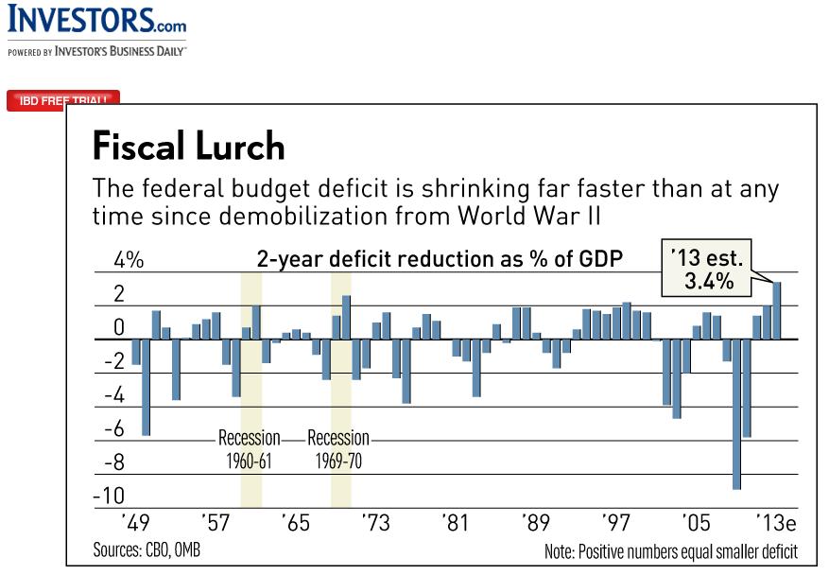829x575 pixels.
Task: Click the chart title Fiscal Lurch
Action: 188,147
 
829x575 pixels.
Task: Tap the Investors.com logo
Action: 96,21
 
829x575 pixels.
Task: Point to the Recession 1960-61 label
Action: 250,449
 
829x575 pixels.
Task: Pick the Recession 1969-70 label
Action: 338,449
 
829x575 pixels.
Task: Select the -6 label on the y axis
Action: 113,428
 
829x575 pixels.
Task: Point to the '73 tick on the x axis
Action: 375,523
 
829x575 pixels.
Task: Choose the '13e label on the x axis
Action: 777,523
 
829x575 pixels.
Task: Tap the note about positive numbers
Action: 671,550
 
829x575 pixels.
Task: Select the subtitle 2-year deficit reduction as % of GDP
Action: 440,259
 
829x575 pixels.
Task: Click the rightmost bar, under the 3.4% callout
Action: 777,310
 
